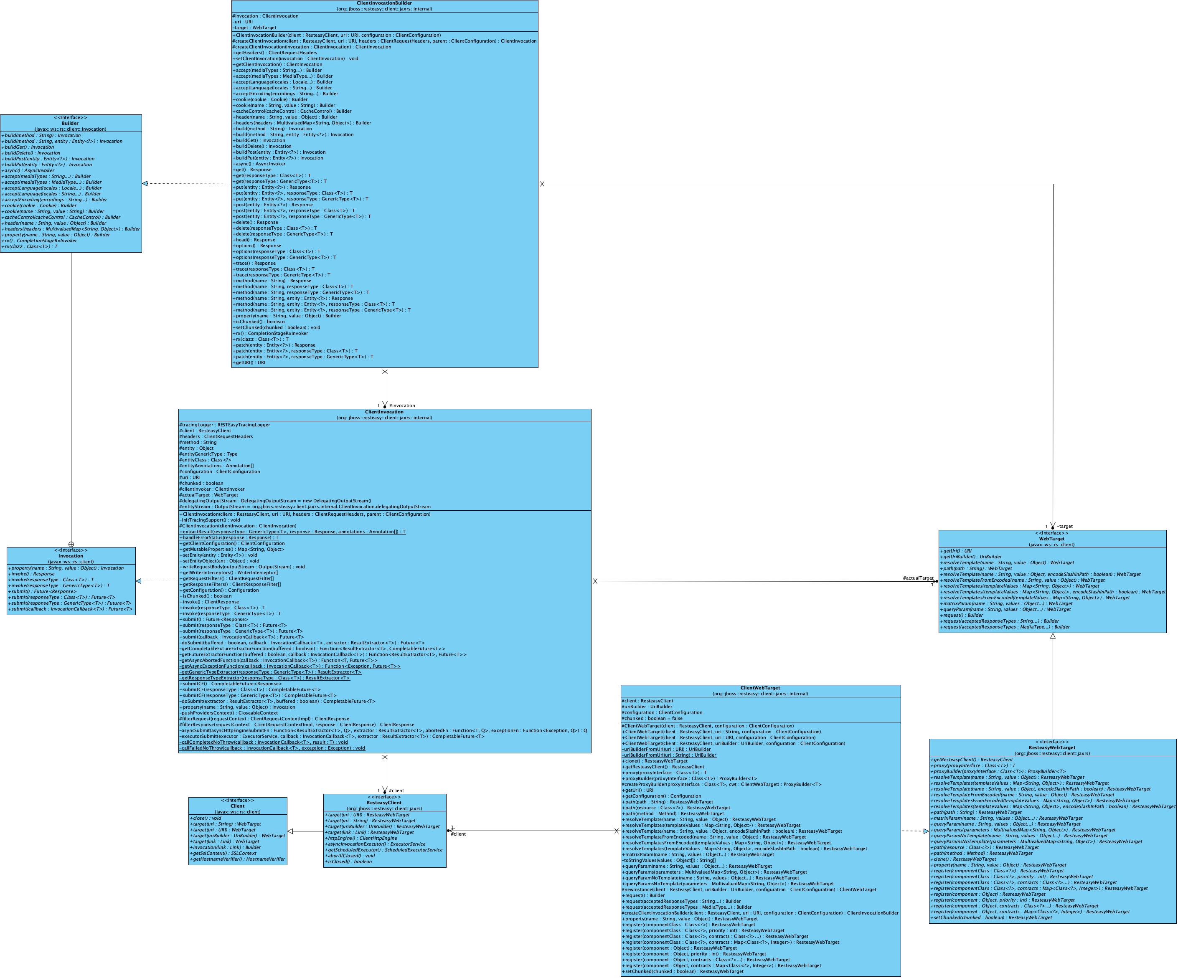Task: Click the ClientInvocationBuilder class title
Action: click(384, 3)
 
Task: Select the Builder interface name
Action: click(70, 123)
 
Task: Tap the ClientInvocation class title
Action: click(384, 412)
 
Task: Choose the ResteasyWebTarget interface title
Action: click(1052, 747)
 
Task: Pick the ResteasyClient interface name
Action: click(384, 803)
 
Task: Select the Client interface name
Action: click(237, 806)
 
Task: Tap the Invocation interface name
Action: click(71, 556)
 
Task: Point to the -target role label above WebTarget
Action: click(1065, 526)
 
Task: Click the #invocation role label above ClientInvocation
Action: click(402, 405)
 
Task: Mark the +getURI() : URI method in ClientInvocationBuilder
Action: click(250, 363)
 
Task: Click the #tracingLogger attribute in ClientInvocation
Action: click(224, 425)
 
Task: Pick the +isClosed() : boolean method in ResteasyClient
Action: click(348, 861)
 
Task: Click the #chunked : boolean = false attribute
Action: click(652, 718)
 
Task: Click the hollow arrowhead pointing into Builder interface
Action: click(145, 183)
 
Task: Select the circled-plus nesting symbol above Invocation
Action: click(71, 544)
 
